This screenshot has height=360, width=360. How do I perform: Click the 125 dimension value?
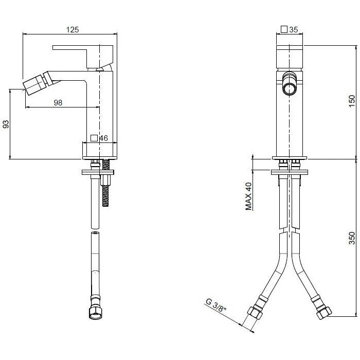click(73, 30)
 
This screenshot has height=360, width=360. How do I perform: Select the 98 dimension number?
click(58, 102)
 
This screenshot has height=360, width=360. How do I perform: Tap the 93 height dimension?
click(6, 124)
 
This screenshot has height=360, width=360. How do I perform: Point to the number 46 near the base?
click(103, 138)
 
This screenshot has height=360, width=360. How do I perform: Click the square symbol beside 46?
click(94, 138)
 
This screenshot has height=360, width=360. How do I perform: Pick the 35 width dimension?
click(294, 30)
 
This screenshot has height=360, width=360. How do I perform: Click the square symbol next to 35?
click(284, 29)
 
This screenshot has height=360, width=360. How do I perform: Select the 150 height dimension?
click(352, 101)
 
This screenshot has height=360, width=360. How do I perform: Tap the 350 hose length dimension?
click(352, 238)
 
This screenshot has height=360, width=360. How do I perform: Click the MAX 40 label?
click(248, 196)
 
